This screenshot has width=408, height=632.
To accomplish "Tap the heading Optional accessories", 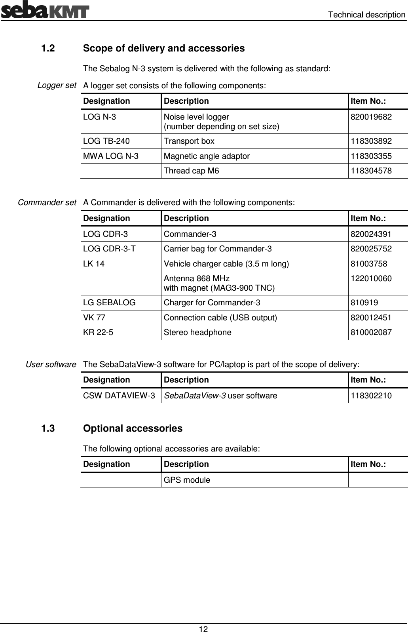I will [133, 428].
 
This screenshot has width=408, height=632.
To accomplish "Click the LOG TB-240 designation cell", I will [106, 141].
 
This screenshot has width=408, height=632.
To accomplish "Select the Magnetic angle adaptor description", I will [207, 156].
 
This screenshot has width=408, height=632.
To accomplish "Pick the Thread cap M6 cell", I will [191, 171].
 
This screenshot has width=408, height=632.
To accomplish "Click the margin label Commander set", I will [47, 202].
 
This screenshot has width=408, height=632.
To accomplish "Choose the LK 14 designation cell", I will [94, 264].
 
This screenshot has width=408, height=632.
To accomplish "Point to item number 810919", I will [364, 303].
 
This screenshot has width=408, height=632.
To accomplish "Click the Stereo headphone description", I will [197, 332].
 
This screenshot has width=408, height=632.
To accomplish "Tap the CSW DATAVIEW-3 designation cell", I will [119, 396].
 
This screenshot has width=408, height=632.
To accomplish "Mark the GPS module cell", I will [187, 480].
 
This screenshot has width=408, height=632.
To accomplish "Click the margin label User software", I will [51, 364].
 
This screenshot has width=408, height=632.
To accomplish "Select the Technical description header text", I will [367, 15].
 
